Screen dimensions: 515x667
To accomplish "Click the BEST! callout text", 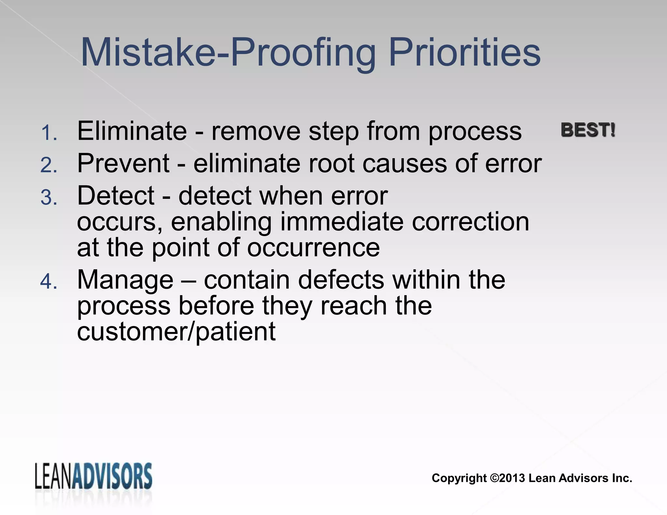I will click(x=588, y=130).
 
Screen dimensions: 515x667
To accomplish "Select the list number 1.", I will click(x=49, y=133).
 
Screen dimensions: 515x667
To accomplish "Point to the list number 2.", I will click(x=49, y=165).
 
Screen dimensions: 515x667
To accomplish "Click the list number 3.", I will click(x=49, y=198).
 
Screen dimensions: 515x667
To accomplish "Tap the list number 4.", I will click(x=49, y=282).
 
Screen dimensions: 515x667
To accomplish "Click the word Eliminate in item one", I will click(x=132, y=131).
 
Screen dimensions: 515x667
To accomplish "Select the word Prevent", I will click(x=123, y=163).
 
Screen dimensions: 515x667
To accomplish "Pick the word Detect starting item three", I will click(x=116, y=196).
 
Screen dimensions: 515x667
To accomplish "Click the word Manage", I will click(x=125, y=280).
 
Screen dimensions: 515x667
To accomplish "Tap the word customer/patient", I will click(x=176, y=332).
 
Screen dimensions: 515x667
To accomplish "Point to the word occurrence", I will click(x=313, y=248).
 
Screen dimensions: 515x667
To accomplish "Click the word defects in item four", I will click(x=341, y=280).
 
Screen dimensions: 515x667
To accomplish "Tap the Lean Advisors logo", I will click(x=93, y=476).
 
